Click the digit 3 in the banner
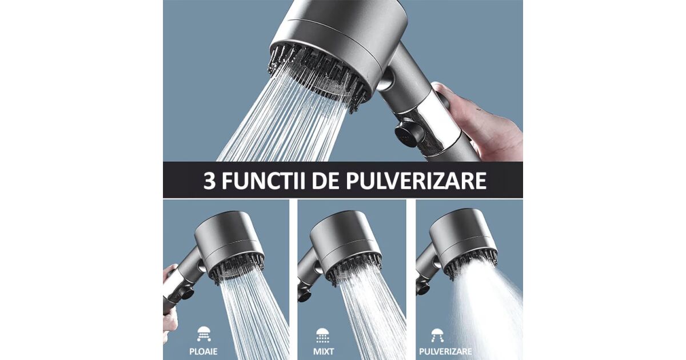tap(209, 181)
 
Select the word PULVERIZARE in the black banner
tap(416, 181)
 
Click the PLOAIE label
tap(204, 351)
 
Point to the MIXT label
tap(324, 351)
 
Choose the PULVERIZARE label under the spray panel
tap(445, 351)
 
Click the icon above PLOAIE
tap(204, 334)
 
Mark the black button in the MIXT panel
tap(304, 293)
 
